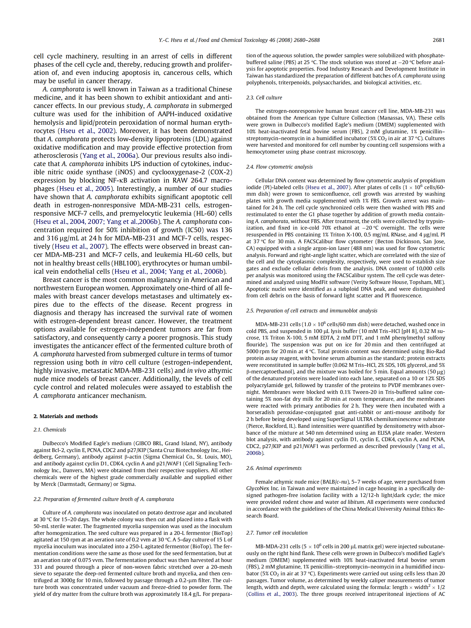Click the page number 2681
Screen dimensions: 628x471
438,40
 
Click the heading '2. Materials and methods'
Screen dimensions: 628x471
65,416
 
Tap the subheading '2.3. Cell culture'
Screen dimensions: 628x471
264,97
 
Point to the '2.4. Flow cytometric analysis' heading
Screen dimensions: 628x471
279,167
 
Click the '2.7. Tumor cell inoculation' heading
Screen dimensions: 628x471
277,533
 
